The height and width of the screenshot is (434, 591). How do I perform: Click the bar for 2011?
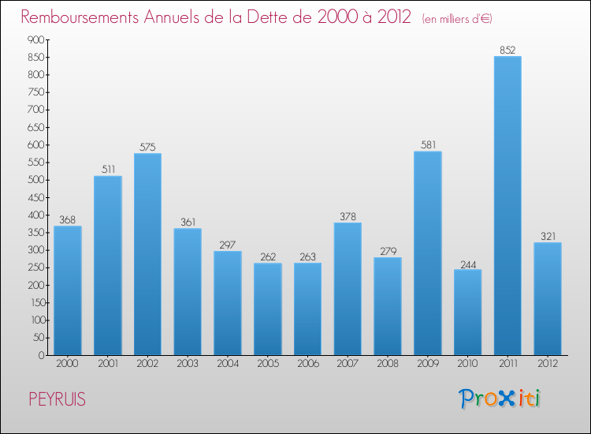pyautogui.click(x=507, y=206)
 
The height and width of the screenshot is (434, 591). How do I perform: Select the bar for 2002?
pyautogui.click(x=147, y=254)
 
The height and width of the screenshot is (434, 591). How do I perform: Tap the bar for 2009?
pyautogui.click(x=428, y=253)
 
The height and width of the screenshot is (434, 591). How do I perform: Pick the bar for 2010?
pyautogui.click(x=467, y=312)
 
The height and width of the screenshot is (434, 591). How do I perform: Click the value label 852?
pyautogui.click(x=507, y=50)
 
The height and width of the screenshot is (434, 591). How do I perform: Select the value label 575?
pyautogui.click(x=147, y=147)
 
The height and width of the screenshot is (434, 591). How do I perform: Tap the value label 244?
pyautogui.click(x=467, y=264)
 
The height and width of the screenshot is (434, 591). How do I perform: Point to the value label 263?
pyautogui.click(x=307, y=256)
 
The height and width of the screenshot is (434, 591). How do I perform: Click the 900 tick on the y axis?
pyautogui.click(x=35, y=39)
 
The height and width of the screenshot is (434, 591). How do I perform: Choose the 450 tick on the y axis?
pyautogui.click(x=35, y=197)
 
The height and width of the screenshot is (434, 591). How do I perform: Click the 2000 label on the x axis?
pyautogui.click(x=68, y=365)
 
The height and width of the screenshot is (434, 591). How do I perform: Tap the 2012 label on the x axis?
pyautogui.click(x=548, y=365)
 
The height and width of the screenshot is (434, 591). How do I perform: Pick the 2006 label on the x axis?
pyautogui.click(x=307, y=365)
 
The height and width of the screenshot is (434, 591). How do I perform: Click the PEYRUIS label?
pyautogui.click(x=57, y=399)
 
